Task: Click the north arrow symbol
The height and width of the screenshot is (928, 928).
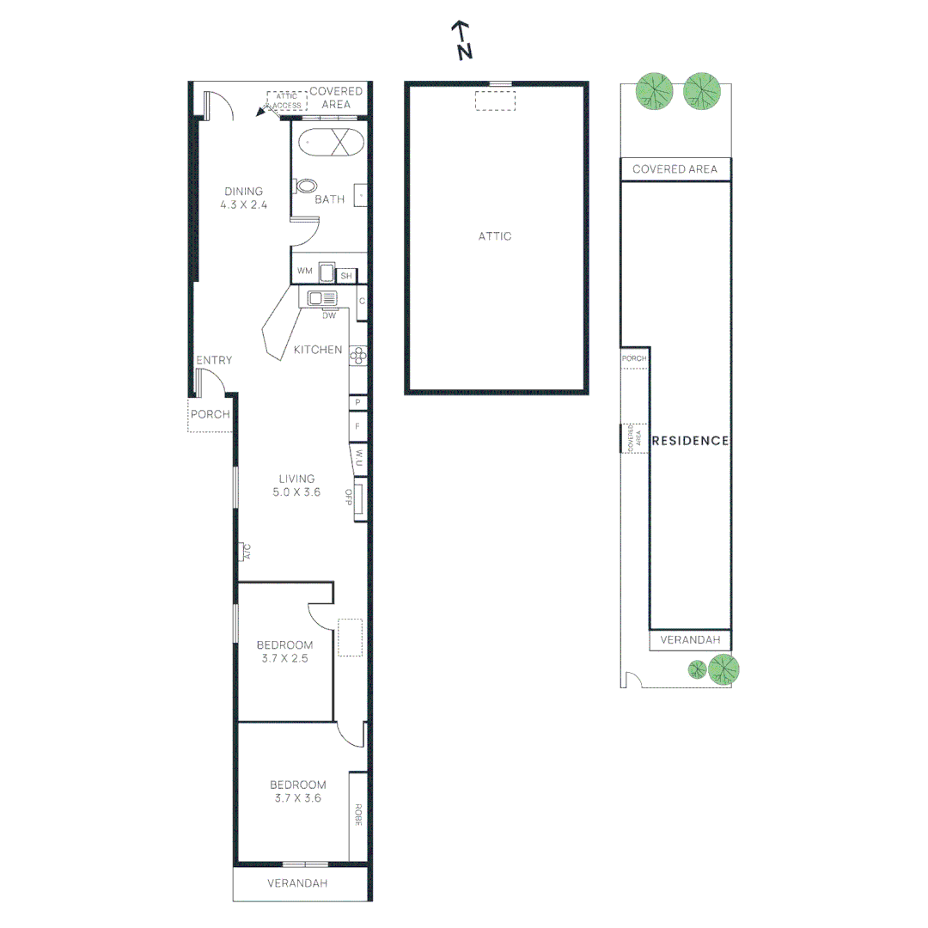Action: click(463, 40)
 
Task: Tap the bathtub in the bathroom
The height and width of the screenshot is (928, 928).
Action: click(330, 142)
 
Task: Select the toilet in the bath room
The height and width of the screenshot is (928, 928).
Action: click(306, 186)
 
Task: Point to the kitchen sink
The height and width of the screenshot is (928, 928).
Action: click(322, 298)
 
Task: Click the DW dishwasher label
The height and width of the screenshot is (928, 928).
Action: click(328, 315)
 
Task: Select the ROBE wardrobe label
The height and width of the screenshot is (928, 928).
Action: click(357, 815)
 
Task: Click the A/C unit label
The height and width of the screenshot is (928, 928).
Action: click(245, 552)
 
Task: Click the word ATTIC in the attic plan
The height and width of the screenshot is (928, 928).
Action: click(495, 235)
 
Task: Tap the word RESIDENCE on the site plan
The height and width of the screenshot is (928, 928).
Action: click(691, 441)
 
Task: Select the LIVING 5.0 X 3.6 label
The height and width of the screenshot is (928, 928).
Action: click(296, 485)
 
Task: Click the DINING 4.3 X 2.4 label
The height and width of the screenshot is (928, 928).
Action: click(243, 198)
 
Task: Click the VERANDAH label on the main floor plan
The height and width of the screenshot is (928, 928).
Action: click(297, 882)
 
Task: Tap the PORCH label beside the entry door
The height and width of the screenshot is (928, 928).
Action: click(211, 414)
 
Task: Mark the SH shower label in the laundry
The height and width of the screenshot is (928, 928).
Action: click(346, 276)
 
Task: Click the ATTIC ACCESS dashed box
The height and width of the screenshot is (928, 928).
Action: click(287, 101)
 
